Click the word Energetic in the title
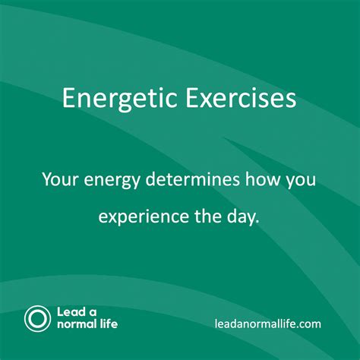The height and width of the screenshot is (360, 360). (120, 99)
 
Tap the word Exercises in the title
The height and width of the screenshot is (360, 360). (241, 98)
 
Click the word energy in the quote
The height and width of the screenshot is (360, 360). (112, 181)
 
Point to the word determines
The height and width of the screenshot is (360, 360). (192, 179)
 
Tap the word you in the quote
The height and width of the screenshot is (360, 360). (301, 181)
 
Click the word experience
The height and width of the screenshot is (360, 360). (144, 218)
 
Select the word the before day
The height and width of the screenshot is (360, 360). (208, 216)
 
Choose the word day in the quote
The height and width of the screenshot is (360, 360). (242, 218)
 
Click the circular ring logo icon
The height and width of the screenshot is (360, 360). (37, 319)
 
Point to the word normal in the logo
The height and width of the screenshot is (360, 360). (77, 324)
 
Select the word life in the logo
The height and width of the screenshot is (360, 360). (109, 324)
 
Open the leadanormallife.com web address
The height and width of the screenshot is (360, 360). (268, 324)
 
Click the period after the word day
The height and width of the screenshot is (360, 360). (257, 222)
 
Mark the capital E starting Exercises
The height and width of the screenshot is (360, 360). (191, 98)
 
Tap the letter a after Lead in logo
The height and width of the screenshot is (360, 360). (93, 313)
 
